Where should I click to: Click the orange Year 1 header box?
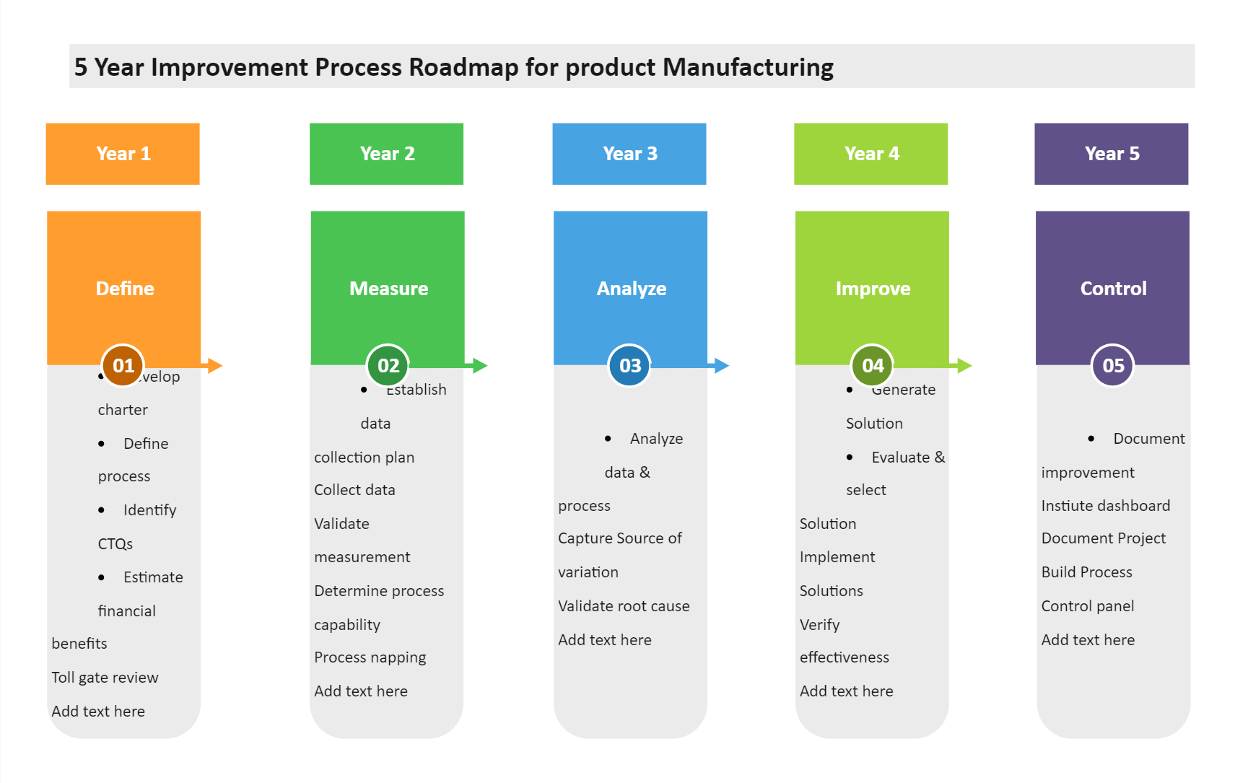(x=123, y=154)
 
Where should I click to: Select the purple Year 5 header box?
(x=1111, y=154)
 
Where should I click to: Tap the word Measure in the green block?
(x=388, y=289)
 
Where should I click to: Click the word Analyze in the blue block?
(x=631, y=289)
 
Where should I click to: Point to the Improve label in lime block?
(x=872, y=289)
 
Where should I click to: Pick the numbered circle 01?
(x=123, y=366)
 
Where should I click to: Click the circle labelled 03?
(x=629, y=366)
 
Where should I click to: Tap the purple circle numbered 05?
(x=1112, y=366)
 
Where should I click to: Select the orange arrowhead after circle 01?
(x=214, y=366)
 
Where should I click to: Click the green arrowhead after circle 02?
(x=480, y=366)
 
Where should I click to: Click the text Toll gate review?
(x=105, y=678)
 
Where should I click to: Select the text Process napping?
(x=370, y=657)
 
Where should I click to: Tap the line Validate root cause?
(x=624, y=606)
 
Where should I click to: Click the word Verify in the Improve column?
(x=819, y=625)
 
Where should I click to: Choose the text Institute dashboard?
(x=1105, y=506)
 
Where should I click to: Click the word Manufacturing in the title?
(x=748, y=67)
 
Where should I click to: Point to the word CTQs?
(x=115, y=544)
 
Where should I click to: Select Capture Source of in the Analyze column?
(x=619, y=538)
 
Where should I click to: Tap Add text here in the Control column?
(x=1088, y=640)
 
